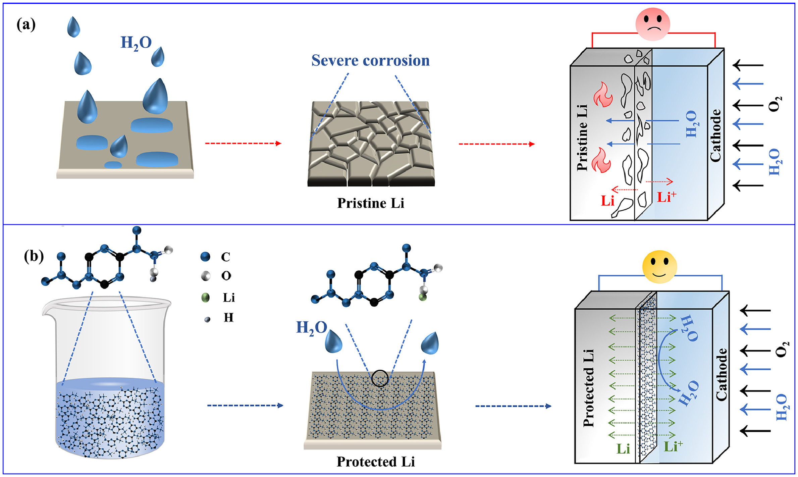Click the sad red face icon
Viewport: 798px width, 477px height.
pos(652,24)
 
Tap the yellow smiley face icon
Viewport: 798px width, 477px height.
pos(659,267)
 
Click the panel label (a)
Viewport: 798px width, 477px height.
pos(26,25)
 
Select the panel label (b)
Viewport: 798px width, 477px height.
pos(34,256)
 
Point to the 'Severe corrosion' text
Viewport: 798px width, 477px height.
pos(370,61)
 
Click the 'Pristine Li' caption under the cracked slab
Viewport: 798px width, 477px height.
pos(370,203)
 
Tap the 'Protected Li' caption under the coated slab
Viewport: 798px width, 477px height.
pos(376,462)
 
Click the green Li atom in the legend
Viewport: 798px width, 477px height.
pos(205,298)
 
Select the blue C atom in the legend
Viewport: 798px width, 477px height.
pos(205,257)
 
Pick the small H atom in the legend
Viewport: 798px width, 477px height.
pos(207,319)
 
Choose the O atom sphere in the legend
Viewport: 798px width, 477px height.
pos(205,276)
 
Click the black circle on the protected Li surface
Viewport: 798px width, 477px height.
pos(380,378)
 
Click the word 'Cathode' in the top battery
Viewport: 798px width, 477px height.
pos(715,136)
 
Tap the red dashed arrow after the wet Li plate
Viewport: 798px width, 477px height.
pos(243,144)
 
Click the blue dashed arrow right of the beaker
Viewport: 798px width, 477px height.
pos(245,406)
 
